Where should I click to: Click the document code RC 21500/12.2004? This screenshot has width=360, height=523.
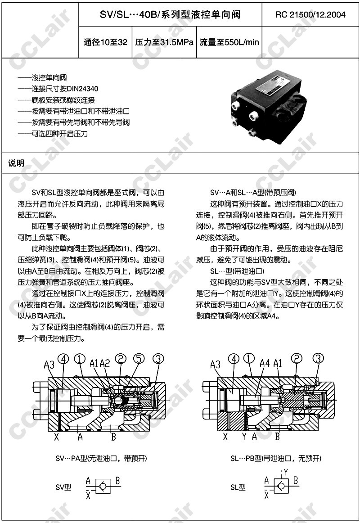coord(310,15)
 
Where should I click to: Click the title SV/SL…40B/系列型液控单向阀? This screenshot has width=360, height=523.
coord(170,15)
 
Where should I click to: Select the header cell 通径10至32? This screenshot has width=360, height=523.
coord(106,43)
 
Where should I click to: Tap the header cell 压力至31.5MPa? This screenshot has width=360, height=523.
coord(164,43)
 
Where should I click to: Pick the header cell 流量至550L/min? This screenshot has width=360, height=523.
coord(229,43)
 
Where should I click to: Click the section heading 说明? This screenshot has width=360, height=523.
coord(17,163)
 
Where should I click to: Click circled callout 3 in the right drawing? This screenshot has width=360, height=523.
coord(318,359)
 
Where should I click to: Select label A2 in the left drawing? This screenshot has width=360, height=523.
coord(105,363)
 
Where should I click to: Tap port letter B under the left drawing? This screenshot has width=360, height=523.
coord(114,436)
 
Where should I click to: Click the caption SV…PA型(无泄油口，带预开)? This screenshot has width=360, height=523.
coord(101,459)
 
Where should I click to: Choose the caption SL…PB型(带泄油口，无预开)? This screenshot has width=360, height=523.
coord(276,459)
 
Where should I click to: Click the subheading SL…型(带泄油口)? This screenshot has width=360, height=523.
coord(237,271)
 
